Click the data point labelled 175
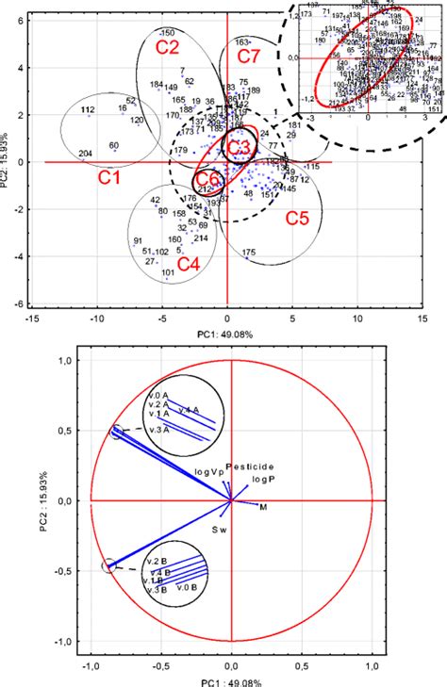tap(249, 253)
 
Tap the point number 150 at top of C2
tap(167, 32)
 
